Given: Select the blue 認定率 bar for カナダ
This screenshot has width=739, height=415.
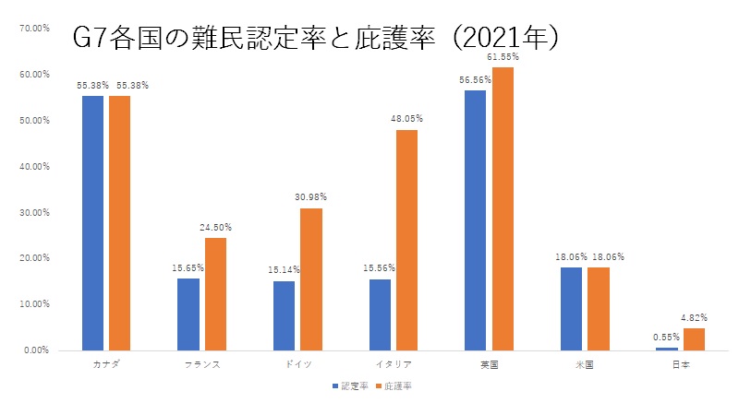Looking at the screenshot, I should pos(92,222).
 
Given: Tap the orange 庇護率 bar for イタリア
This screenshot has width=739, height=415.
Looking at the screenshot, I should pos(406,240).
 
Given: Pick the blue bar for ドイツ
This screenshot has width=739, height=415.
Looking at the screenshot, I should pos(285,315).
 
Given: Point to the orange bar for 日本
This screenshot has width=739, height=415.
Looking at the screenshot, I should pos(694,339).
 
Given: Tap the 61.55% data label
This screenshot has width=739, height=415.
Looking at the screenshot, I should pos(503,57).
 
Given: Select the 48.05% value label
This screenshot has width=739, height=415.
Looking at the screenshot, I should pos(406,119).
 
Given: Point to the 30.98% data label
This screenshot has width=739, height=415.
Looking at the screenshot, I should pos(311,197).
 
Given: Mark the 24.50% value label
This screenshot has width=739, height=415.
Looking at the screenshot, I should pos(215,227).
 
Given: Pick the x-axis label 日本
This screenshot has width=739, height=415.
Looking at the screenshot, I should pos(681,365).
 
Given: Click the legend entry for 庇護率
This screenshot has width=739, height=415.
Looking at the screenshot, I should pos(394,386).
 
